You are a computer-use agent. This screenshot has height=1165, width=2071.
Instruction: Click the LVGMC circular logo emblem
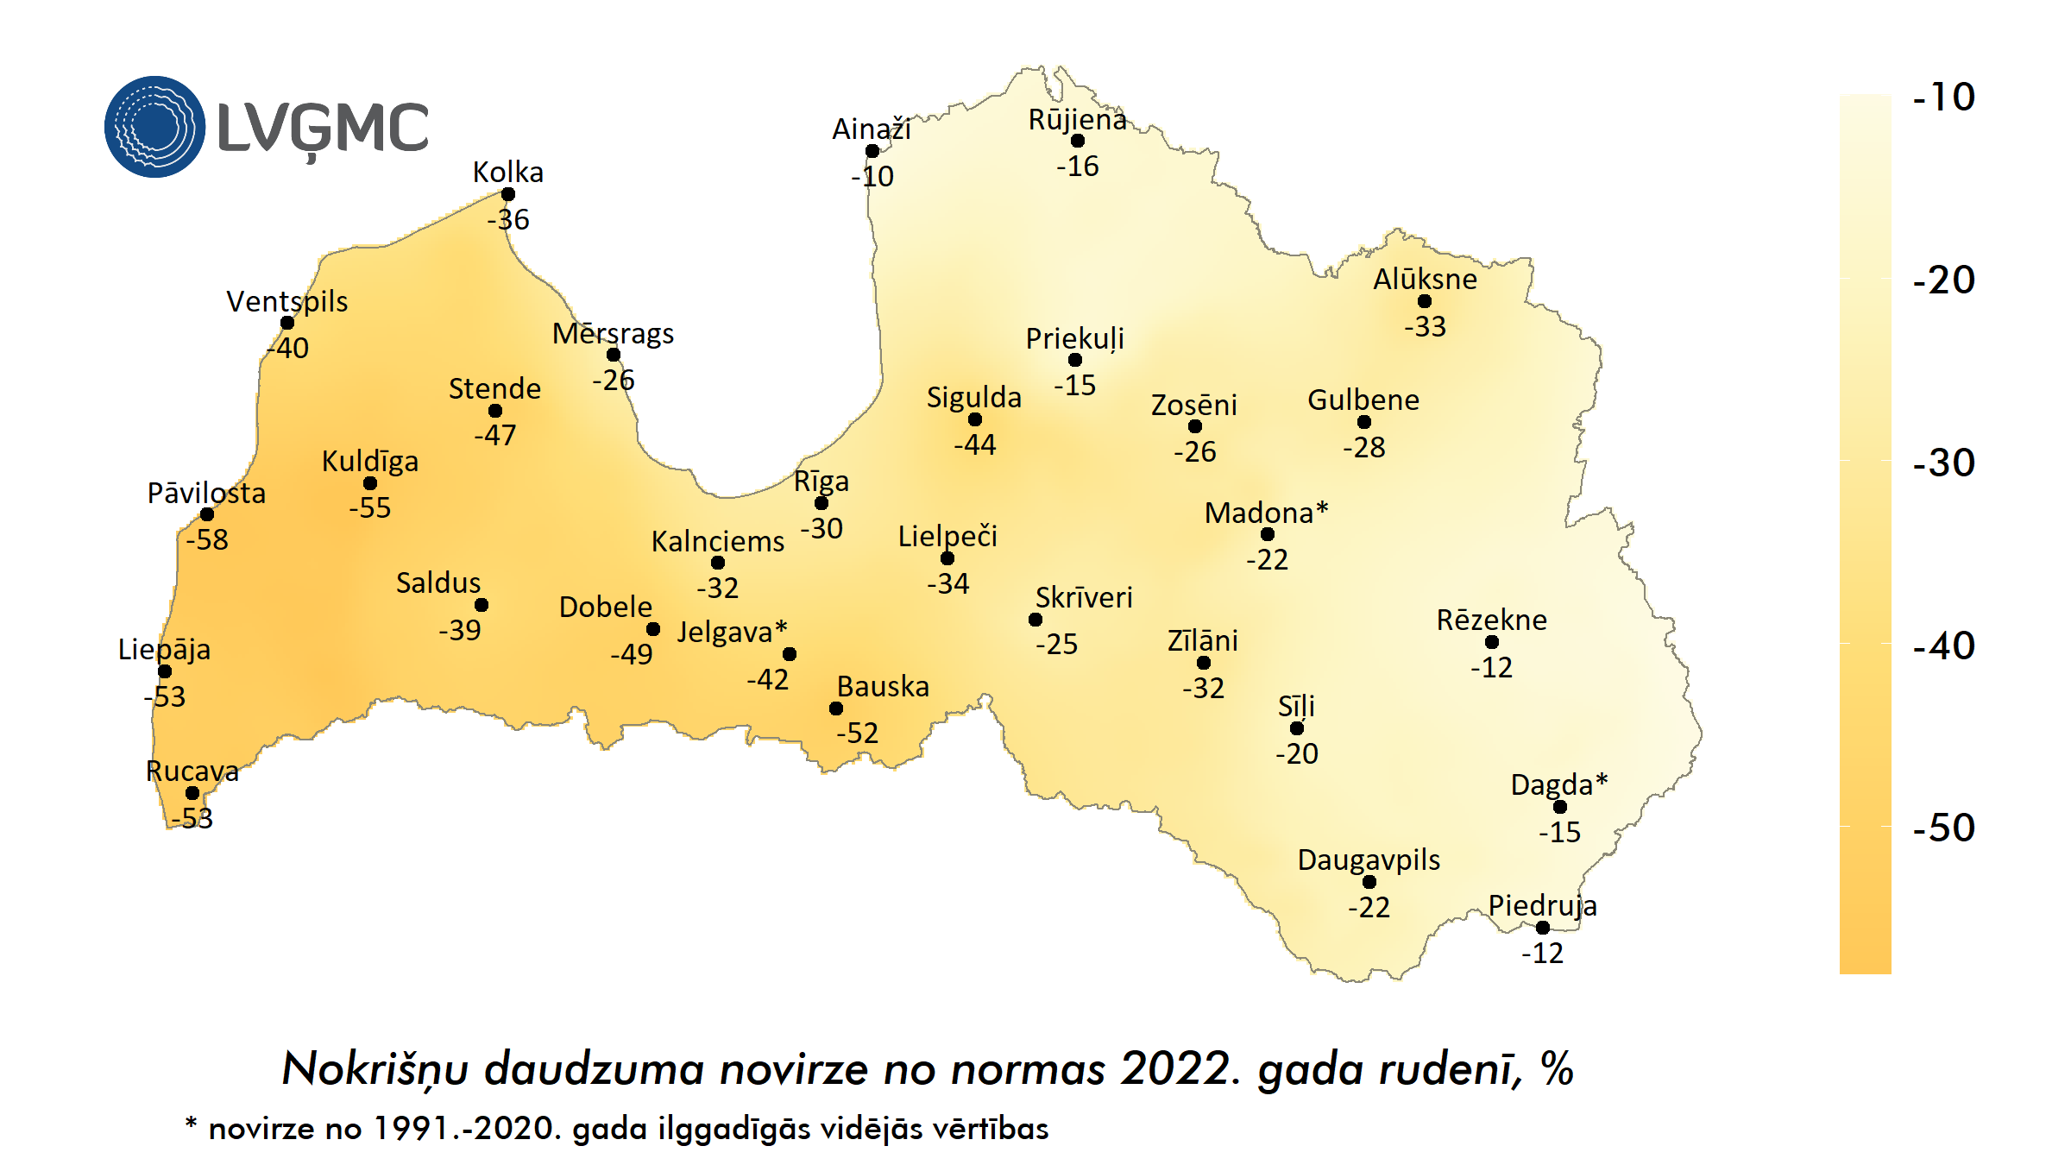click(x=155, y=127)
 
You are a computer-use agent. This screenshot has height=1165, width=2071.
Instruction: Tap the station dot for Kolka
click(x=508, y=194)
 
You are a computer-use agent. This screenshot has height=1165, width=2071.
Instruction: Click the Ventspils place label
click(x=286, y=301)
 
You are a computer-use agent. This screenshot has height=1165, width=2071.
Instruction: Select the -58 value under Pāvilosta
click(x=207, y=540)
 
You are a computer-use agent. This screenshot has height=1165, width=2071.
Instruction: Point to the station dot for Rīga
click(x=821, y=503)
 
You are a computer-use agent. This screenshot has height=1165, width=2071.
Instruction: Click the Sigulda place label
click(x=973, y=397)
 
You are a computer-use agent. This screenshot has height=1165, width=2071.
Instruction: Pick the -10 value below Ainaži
click(x=872, y=177)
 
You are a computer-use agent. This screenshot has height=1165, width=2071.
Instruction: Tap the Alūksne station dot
click(x=1425, y=301)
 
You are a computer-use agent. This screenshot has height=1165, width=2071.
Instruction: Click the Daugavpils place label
click(x=1369, y=860)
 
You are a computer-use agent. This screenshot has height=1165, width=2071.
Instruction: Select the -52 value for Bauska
click(x=857, y=734)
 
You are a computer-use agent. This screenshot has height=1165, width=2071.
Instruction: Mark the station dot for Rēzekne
click(x=1492, y=642)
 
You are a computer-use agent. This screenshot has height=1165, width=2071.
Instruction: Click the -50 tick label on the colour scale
click(x=1943, y=828)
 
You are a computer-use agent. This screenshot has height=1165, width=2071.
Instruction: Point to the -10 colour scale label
click(x=1943, y=97)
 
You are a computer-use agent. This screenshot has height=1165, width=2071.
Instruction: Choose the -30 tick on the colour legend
click(x=1943, y=463)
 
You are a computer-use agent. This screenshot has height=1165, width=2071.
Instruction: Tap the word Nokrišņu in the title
click(x=375, y=1070)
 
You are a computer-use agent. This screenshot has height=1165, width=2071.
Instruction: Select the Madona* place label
click(x=1266, y=513)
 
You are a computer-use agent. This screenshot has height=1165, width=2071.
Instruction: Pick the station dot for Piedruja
click(x=1543, y=928)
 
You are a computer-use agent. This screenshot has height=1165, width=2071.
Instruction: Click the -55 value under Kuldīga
click(x=370, y=508)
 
